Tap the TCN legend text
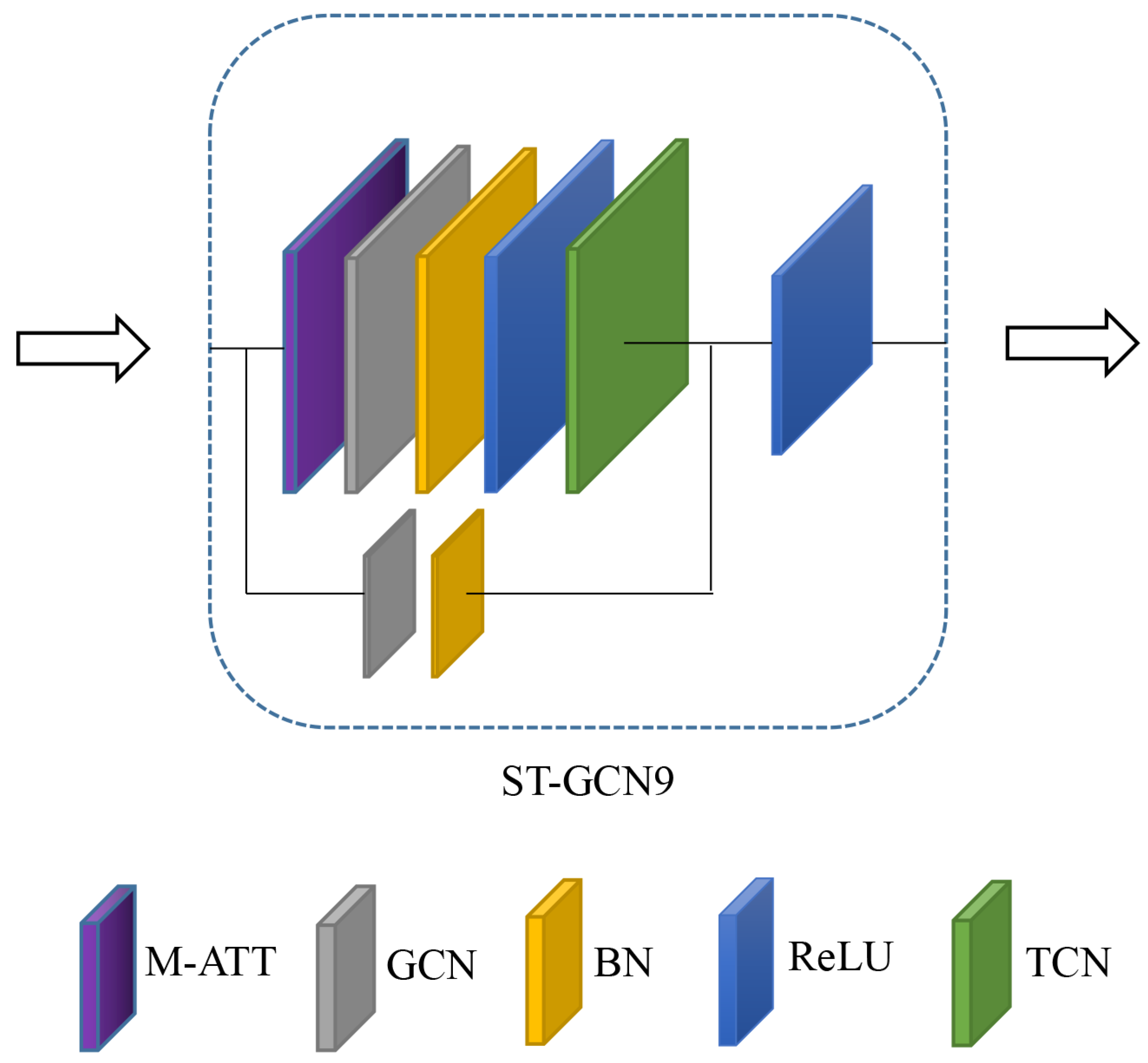click(1068, 963)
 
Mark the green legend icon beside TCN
click(982, 963)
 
